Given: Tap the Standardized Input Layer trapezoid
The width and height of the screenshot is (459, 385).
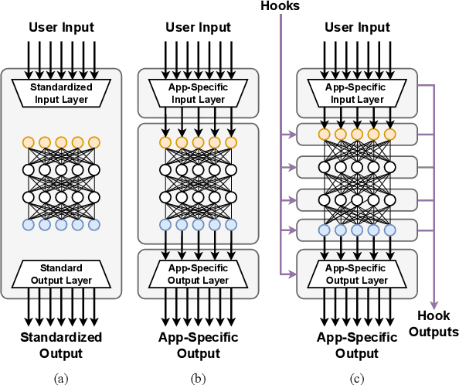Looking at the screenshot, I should click(x=62, y=92).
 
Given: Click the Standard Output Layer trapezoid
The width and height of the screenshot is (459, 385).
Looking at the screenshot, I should click(x=62, y=273).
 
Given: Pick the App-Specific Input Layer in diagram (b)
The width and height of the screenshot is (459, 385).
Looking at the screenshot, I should click(x=198, y=92).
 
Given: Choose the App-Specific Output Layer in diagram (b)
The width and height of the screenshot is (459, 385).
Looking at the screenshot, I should click(x=198, y=273).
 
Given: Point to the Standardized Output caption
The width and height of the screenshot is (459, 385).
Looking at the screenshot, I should click(x=62, y=346).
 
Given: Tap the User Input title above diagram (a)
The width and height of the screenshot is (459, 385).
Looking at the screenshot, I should click(x=62, y=28).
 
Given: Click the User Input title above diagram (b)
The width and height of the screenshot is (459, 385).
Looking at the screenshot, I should click(x=198, y=28).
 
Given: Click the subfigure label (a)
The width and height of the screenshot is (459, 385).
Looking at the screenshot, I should click(x=62, y=378).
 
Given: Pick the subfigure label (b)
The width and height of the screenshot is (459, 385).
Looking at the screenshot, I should click(x=198, y=378).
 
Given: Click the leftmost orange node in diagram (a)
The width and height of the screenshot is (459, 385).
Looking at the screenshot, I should click(x=29, y=142).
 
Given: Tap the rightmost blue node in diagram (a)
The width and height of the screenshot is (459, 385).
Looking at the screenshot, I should click(x=94, y=225).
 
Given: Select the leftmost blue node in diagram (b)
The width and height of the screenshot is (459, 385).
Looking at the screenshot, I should click(x=165, y=225).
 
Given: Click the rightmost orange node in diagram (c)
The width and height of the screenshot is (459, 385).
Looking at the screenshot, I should click(x=389, y=135).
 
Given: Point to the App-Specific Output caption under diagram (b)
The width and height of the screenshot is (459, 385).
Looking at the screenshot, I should click(x=198, y=346).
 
